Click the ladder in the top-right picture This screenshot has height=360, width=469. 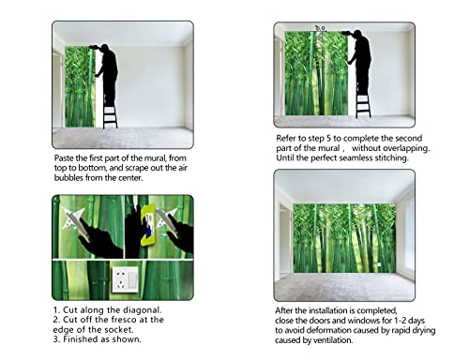tap(363, 98)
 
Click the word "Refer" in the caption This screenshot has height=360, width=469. tap(289, 136)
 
